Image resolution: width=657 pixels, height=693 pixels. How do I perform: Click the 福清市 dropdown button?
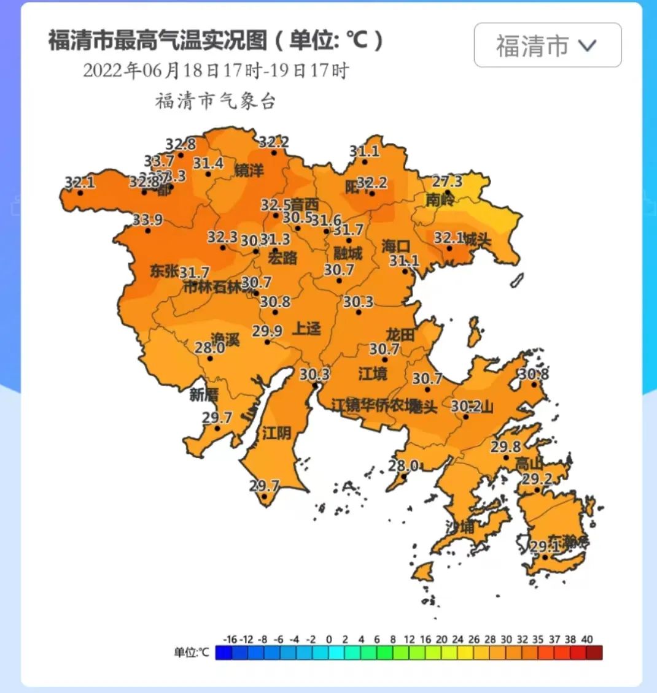point(547,45)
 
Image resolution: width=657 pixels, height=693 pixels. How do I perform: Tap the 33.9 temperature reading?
point(147,220)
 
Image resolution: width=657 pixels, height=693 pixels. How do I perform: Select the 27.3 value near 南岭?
point(447,182)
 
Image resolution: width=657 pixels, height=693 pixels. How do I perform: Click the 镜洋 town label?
point(249,171)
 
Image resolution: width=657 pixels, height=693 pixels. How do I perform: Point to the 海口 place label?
point(396,246)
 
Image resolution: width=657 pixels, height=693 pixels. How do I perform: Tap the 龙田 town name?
point(400,335)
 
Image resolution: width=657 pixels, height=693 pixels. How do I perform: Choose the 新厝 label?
point(204,394)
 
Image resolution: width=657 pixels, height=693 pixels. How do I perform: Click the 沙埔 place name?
point(460,526)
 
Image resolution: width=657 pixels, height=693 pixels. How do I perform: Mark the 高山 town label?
point(529,463)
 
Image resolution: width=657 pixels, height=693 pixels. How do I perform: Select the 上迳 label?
point(306,329)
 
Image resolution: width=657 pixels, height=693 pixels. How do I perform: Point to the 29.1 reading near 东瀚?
point(545,546)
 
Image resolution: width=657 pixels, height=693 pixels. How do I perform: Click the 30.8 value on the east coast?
point(533,374)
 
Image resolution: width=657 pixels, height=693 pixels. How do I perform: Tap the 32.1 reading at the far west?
point(80,183)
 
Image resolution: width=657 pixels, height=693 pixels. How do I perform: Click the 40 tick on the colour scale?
point(586,639)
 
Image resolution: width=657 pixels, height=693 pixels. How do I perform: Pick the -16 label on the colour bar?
point(230,639)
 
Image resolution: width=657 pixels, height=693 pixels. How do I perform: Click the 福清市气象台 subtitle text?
point(215,101)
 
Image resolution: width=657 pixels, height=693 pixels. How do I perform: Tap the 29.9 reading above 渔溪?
point(267,331)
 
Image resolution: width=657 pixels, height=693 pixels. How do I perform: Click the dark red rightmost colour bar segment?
point(594,652)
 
